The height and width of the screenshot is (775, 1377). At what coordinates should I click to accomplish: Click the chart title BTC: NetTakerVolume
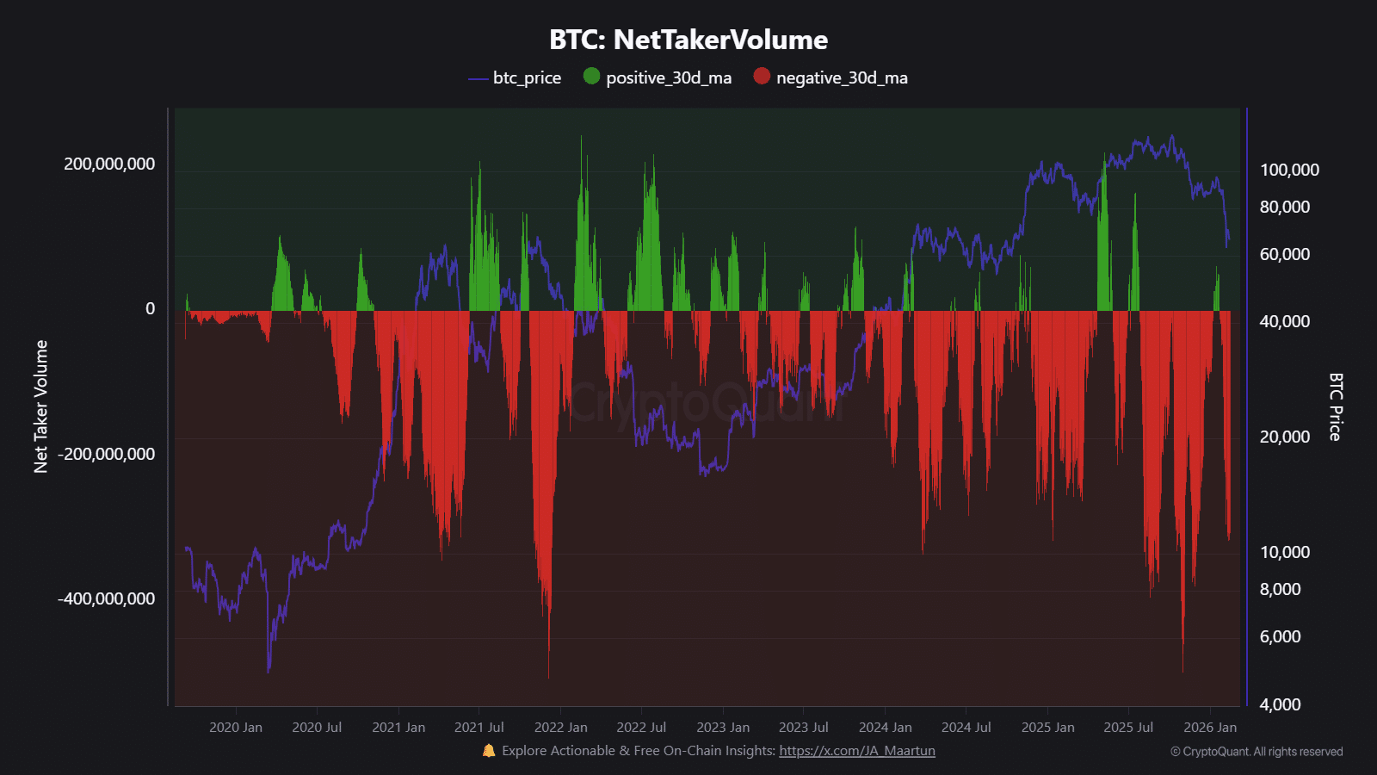coord(688,40)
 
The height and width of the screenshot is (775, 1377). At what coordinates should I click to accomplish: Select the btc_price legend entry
coord(515,77)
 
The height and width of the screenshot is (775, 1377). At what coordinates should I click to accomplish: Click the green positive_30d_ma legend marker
coord(591,76)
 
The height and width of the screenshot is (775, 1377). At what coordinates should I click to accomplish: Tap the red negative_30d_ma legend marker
coord(762,76)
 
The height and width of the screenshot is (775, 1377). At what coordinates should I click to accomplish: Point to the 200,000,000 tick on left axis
coord(109,164)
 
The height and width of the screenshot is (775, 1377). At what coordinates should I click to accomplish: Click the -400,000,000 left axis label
coord(106,598)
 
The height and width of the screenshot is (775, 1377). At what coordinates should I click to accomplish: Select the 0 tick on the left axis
coord(150,308)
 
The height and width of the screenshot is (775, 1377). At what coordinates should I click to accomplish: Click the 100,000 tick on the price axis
coord(1289,170)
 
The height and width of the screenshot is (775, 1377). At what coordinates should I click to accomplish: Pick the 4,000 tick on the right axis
coord(1280,704)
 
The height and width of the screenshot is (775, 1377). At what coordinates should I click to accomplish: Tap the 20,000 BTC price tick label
coord(1284,437)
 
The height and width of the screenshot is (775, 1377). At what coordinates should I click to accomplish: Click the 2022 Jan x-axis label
coord(560,728)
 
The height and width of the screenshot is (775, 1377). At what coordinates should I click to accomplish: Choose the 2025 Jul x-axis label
coord(1127,728)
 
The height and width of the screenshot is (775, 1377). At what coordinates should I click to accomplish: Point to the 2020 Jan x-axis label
coord(236,728)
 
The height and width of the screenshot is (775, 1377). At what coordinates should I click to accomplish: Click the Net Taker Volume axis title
coord(40,406)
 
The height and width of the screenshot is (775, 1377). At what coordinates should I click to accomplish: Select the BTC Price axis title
coord(1335,406)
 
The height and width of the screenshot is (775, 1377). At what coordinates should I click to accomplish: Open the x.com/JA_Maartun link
coord(856,751)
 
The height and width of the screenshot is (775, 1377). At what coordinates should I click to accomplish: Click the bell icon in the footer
coord(489,751)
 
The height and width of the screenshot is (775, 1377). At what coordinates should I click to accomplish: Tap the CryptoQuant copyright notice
coord(1256,752)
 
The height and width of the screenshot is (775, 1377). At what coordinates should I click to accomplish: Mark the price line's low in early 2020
coord(269,670)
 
